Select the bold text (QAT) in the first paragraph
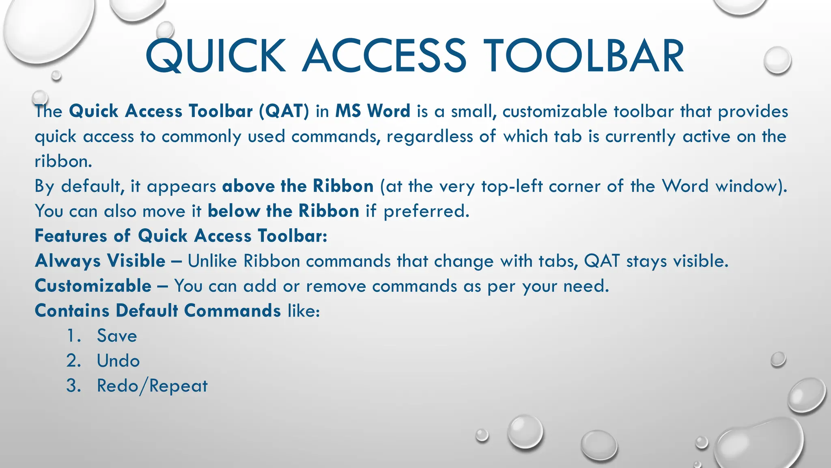[x=284, y=111]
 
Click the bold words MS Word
[x=372, y=111]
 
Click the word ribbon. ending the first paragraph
[x=63, y=161]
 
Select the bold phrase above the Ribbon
[x=298, y=186]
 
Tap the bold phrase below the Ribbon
[x=283, y=211]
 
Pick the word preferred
[x=426, y=211]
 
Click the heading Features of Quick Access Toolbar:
[x=181, y=236]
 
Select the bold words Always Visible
[x=100, y=261]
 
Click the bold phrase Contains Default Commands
[x=158, y=311]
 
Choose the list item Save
[x=117, y=336]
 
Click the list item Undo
[x=118, y=361]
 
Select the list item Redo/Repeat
[x=152, y=386]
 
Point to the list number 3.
[x=73, y=386]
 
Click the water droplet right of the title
[x=777, y=60]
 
